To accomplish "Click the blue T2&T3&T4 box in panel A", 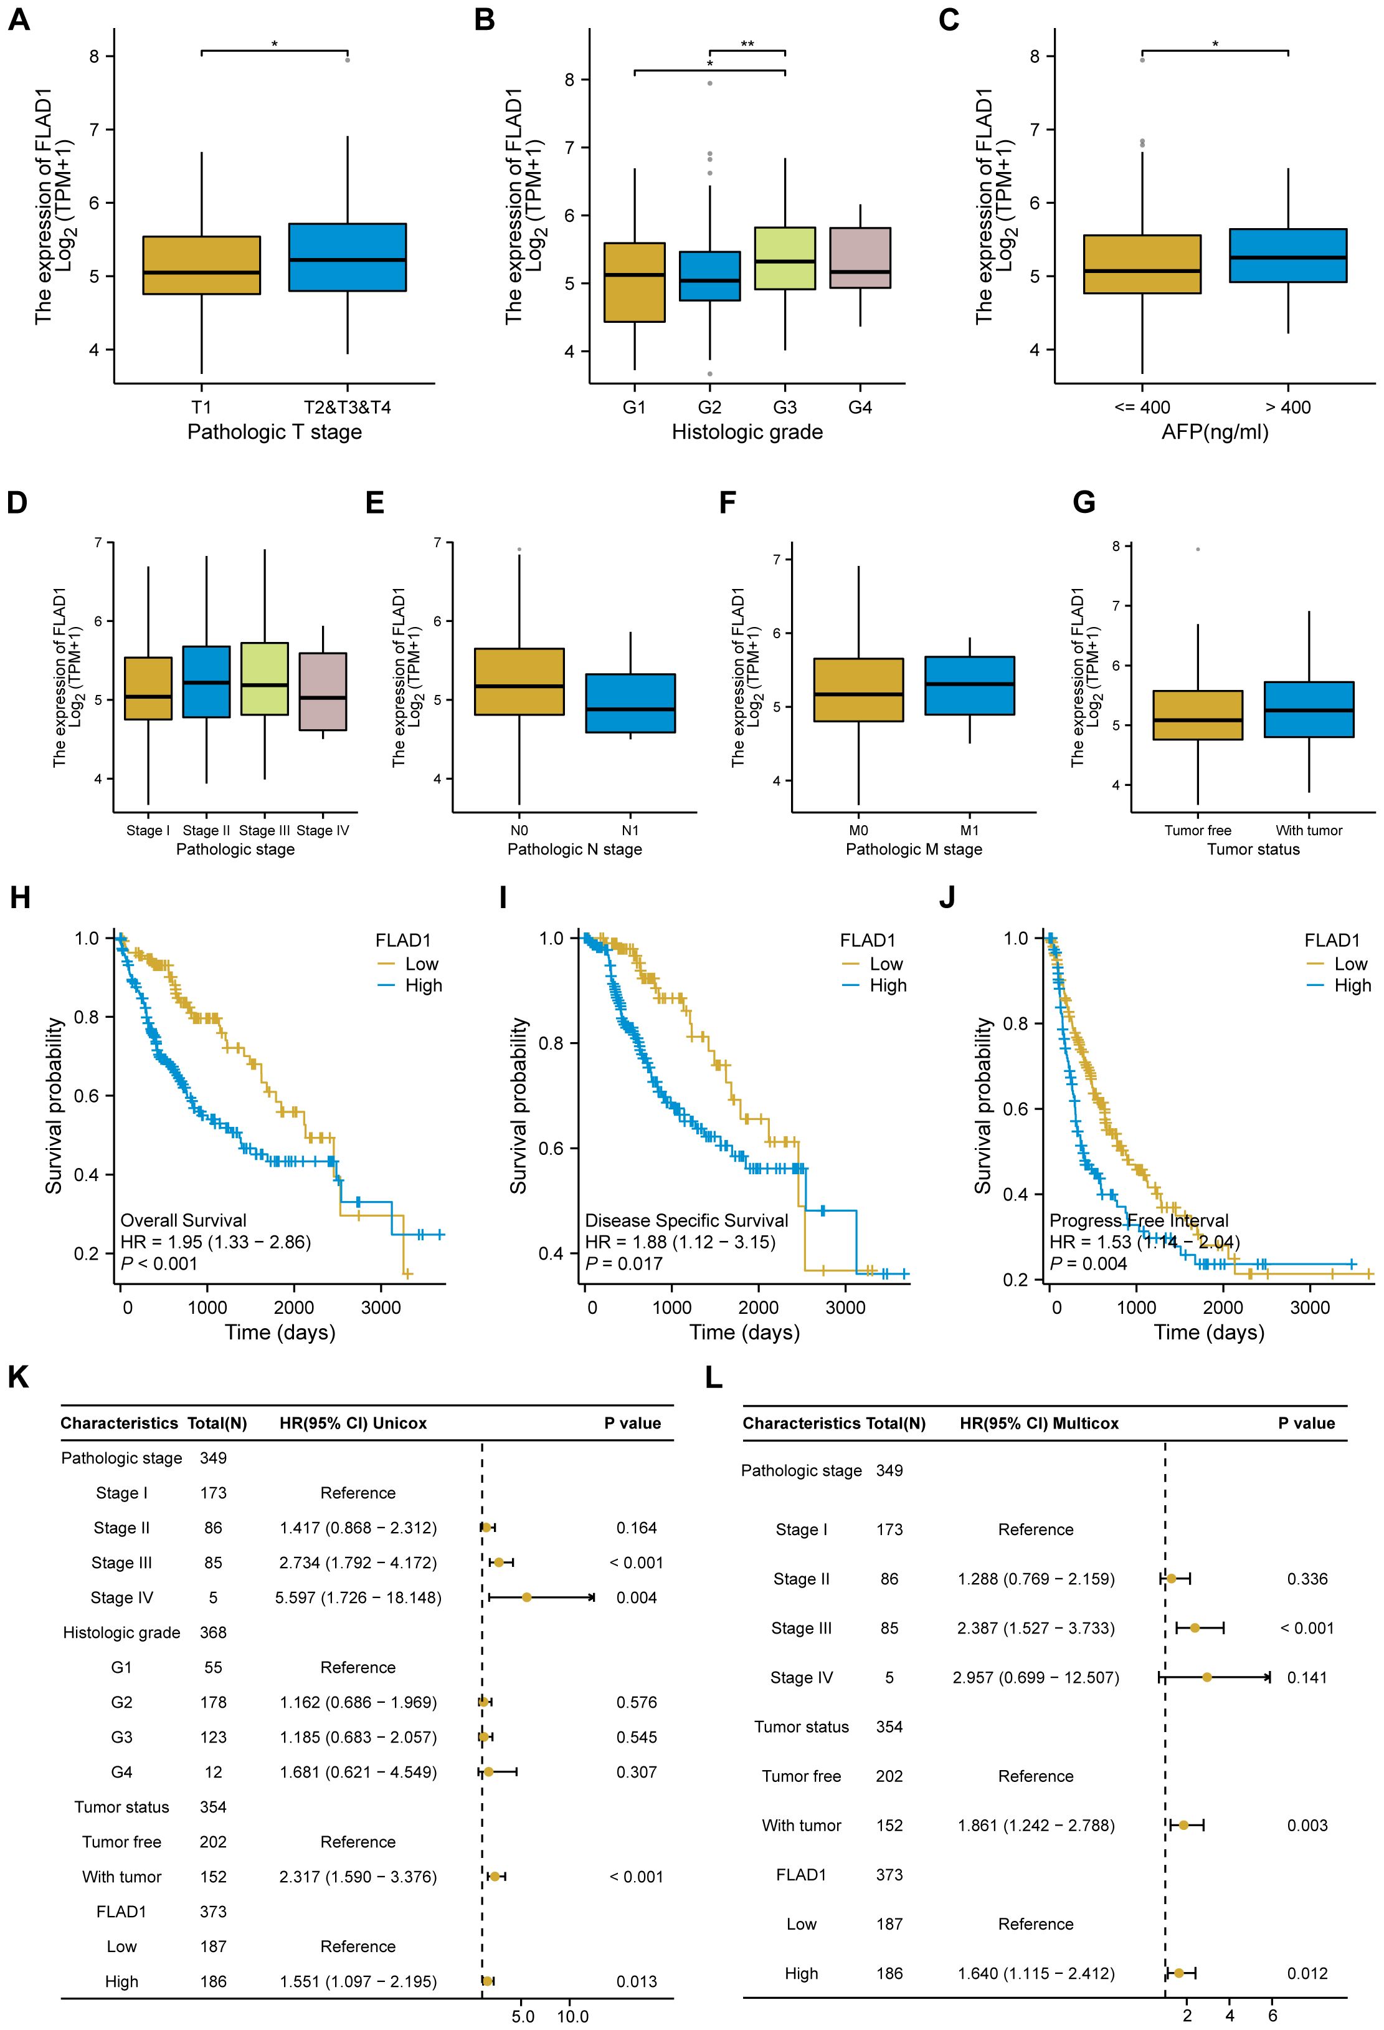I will [x=348, y=257].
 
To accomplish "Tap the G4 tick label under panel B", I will [x=860, y=407].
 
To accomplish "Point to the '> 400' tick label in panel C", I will [x=1288, y=407].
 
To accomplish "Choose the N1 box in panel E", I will [x=630, y=702].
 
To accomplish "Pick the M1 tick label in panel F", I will [x=969, y=830].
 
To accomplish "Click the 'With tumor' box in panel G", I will [x=1308, y=709].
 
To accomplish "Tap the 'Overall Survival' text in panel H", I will [x=183, y=1220].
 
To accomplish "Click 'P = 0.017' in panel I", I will [x=623, y=1263].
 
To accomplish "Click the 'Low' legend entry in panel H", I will [x=421, y=964].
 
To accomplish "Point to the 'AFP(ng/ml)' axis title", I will [x=1215, y=431].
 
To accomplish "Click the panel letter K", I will [x=17, y=1377].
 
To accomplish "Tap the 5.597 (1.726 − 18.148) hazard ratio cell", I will [x=358, y=1597].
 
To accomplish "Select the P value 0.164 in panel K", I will [x=636, y=1528].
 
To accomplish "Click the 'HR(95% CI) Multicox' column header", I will [x=1039, y=1423].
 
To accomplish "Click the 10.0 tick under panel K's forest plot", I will [x=573, y=2017].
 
